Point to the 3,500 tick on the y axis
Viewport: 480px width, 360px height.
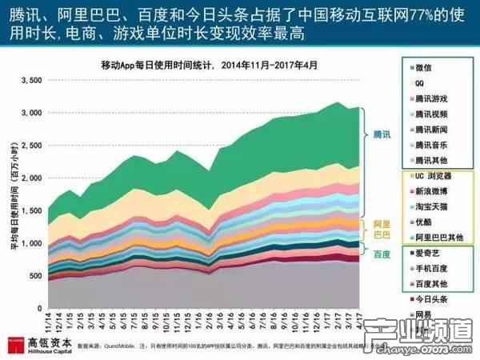point(29,81)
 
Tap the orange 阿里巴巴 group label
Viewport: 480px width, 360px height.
point(382,230)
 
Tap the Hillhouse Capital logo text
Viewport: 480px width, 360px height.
point(40,345)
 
